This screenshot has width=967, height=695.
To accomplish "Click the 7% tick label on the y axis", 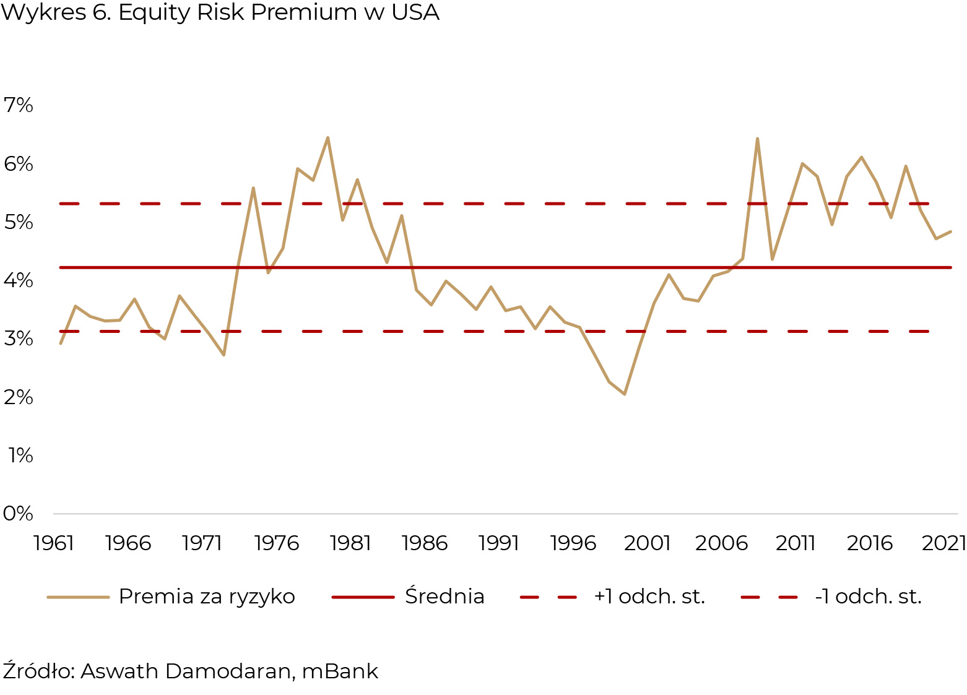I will (x=19, y=105).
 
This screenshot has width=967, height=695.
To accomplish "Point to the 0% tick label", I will (x=19, y=514).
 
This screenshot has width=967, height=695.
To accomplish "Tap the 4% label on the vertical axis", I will (x=19, y=280).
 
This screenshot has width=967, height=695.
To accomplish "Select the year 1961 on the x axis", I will (x=54, y=543).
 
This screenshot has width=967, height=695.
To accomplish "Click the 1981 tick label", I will (x=350, y=543).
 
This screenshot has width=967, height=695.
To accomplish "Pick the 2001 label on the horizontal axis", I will (x=647, y=543).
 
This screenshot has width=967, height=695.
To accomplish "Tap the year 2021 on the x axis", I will (x=943, y=543).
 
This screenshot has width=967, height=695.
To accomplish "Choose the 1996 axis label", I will (x=573, y=543).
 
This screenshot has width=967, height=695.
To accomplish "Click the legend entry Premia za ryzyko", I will (x=207, y=597).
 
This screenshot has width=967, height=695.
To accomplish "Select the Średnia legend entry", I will (x=444, y=597).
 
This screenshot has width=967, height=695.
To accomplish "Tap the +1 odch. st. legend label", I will (x=649, y=597).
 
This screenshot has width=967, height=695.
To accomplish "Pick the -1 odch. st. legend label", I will (x=869, y=597).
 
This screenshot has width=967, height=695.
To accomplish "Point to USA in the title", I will (x=415, y=12).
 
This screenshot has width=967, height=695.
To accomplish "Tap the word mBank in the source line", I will (x=340, y=671).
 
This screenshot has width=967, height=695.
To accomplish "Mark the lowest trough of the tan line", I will (x=625, y=394).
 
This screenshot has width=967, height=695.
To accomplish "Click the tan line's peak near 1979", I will (x=327, y=137).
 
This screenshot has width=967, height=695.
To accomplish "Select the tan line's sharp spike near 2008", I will (x=758, y=139).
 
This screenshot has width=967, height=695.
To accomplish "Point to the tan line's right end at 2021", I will (x=950, y=231).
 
